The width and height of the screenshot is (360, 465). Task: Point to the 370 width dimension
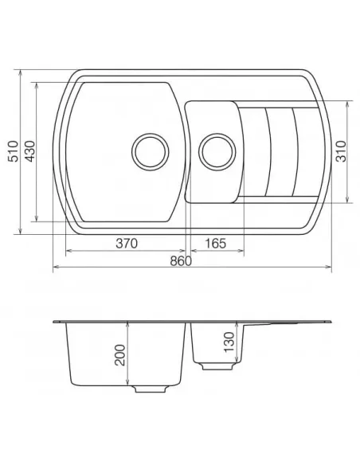(124, 243)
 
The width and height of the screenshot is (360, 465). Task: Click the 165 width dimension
(215, 243)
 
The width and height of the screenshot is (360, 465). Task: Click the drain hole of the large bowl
(149, 150)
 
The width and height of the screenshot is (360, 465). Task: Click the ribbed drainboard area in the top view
(279, 150)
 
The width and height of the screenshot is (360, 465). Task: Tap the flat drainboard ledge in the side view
(287, 322)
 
